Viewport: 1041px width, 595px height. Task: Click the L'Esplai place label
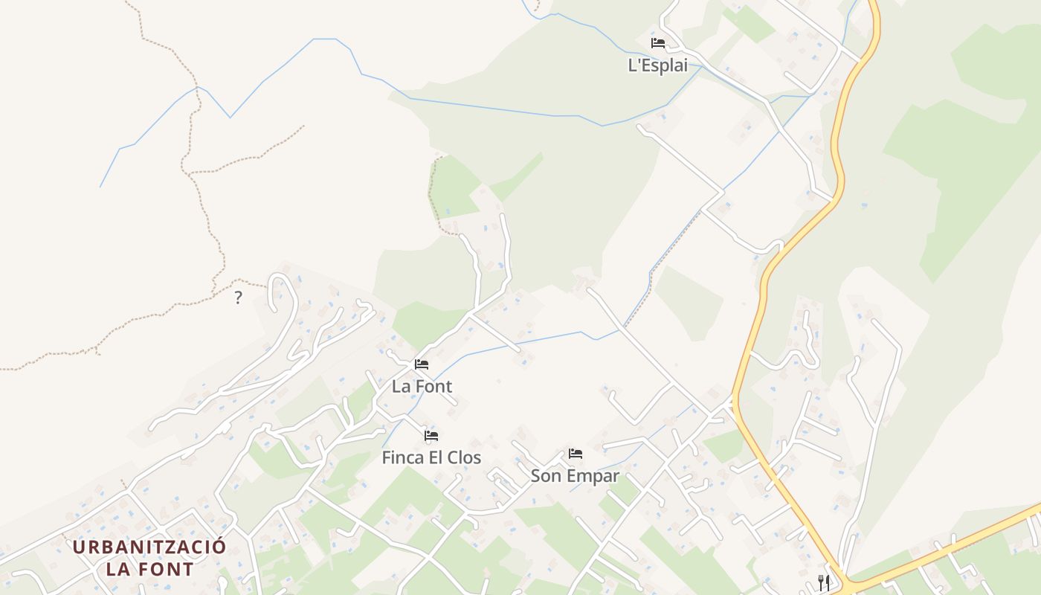pos(658,65)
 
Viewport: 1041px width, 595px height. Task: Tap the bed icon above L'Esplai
pos(658,43)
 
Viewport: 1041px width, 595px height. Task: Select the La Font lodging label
pos(422,387)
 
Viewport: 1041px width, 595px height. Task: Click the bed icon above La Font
pos(422,364)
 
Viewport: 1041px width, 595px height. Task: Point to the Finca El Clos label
pos(431,458)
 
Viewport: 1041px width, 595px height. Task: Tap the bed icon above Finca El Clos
pos(431,436)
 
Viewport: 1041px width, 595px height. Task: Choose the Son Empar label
pos(575,476)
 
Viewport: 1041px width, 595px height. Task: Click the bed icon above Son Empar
pos(576,454)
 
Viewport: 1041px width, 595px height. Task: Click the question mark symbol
pos(238,298)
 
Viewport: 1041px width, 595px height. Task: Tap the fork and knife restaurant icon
pos(824,582)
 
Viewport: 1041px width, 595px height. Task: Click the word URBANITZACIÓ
pos(149,547)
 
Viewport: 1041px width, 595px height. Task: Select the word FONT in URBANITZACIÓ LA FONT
pos(164,570)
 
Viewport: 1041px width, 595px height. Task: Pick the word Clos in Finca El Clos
pos(464,458)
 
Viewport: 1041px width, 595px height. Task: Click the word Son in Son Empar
pos(545,476)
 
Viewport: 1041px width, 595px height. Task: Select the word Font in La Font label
pos(433,387)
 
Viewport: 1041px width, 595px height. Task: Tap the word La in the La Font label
pos(401,387)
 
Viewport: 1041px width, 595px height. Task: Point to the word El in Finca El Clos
pos(436,458)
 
